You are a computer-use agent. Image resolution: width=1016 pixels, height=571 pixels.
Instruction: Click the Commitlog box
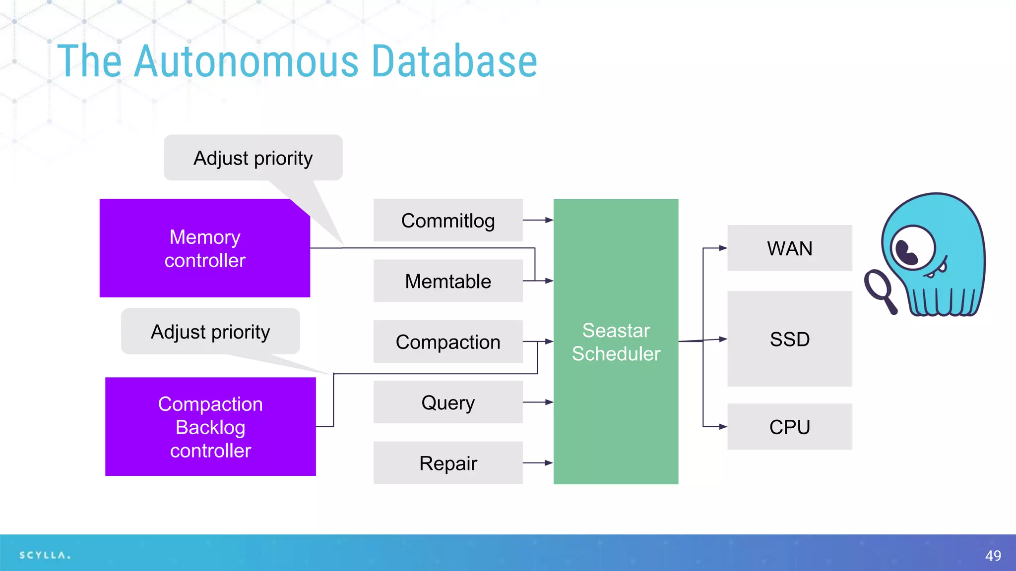point(447,220)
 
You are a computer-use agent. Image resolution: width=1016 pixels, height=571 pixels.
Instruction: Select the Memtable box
point(447,281)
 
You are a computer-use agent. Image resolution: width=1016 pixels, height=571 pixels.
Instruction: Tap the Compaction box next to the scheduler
point(447,342)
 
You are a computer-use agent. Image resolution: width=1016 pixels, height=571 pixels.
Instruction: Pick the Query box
point(447,402)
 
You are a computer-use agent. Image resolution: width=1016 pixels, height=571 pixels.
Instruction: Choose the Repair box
point(447,463)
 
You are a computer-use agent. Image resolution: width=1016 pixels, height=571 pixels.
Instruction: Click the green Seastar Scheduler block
point(616,342)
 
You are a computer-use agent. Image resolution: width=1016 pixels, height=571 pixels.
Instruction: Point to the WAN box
point(789,248)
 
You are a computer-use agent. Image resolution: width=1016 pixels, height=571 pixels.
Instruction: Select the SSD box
point(789,339)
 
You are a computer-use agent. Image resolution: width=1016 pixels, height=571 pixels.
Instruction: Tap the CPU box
point(789,427)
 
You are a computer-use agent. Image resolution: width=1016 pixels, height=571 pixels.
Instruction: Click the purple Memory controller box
point(204,248)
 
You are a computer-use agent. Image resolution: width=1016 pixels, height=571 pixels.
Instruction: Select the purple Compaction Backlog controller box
point(210,427)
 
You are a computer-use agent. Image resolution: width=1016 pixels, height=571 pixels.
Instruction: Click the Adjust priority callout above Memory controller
point(253,158)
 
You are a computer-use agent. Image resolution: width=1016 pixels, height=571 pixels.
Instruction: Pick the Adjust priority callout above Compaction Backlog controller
point(210,332)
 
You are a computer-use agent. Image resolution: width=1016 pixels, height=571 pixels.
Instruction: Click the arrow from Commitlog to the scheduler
point(538,220)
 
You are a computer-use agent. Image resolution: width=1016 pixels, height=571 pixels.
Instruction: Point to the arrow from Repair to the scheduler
point(538,463)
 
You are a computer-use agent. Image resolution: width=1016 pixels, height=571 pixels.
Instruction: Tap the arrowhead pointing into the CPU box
point(723,427)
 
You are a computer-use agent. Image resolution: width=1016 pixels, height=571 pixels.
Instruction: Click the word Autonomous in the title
point(246,61)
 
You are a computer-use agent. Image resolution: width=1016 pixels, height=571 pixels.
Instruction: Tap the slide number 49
point(993,556)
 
